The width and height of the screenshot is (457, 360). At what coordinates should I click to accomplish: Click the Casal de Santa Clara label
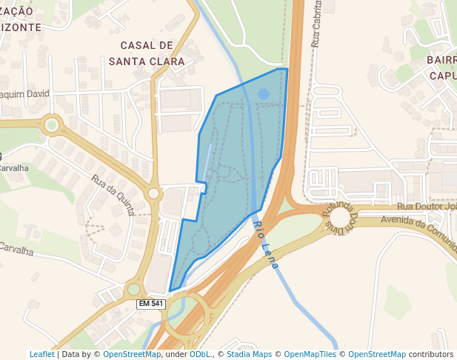[x=147, y=53]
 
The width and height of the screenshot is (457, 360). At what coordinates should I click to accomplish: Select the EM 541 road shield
[x=151, y=304]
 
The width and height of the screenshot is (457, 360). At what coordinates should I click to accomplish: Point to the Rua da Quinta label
[x=113, y=195]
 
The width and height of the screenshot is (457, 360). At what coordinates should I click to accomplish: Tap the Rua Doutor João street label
[x=426, y=207]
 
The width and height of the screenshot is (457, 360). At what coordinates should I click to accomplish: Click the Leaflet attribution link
[x=41, y=354]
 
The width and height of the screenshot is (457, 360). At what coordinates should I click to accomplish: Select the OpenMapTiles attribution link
[x=310, y=354]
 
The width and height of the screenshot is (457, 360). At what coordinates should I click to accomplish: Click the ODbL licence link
[x=200, y=354]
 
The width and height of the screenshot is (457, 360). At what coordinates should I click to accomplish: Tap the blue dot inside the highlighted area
[x=264, y=94]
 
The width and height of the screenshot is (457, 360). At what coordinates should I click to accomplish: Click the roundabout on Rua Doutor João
[x=340, y=217]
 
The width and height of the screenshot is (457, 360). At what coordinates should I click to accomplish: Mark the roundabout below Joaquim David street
[x=51, y=125]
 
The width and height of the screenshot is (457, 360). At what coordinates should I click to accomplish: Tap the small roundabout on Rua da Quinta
[x=154, y=194]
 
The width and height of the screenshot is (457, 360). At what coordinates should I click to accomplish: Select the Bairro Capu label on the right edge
[x=442, y=67]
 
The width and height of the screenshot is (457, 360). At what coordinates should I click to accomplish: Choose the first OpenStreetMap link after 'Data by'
[x=132, y=354]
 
